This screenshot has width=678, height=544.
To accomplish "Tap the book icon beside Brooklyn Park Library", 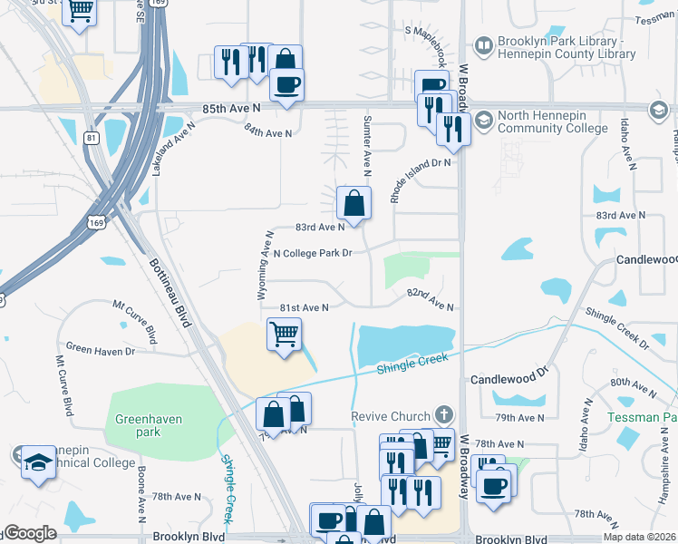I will click(x=484, y=44).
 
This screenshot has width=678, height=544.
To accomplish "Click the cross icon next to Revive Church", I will click(x=443, y=414).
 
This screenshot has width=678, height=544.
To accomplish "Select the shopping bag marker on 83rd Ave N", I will click(x=354, y=202).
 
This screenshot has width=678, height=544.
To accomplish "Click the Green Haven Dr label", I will click(x=101, y=350).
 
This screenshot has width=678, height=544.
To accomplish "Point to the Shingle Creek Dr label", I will click(x=616, y=328).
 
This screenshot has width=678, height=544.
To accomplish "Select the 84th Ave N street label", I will click(x=268, y=132).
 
